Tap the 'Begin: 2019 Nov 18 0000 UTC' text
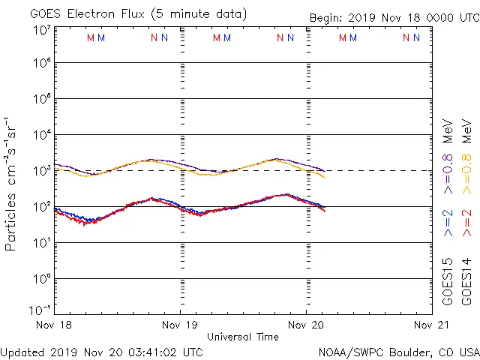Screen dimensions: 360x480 [394, 19]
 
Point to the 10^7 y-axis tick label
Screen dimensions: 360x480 [40, 31]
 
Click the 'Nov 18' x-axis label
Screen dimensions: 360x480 [55, 325]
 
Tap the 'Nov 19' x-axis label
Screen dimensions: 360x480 [181, 325]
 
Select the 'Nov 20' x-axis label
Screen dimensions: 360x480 [306, 325]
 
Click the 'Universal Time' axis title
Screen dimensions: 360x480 [243, 337]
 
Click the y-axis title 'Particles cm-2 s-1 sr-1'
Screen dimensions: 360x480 [13, 184]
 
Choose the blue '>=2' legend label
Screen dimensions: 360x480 [448, 223]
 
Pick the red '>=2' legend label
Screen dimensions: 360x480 [466, 223]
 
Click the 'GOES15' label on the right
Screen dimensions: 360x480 [448, 282]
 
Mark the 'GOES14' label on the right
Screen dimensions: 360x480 [466, 282]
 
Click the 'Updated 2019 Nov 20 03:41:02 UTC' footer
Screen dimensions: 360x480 [101, 352]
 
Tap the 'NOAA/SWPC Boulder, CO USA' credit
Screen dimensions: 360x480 [398, 352]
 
